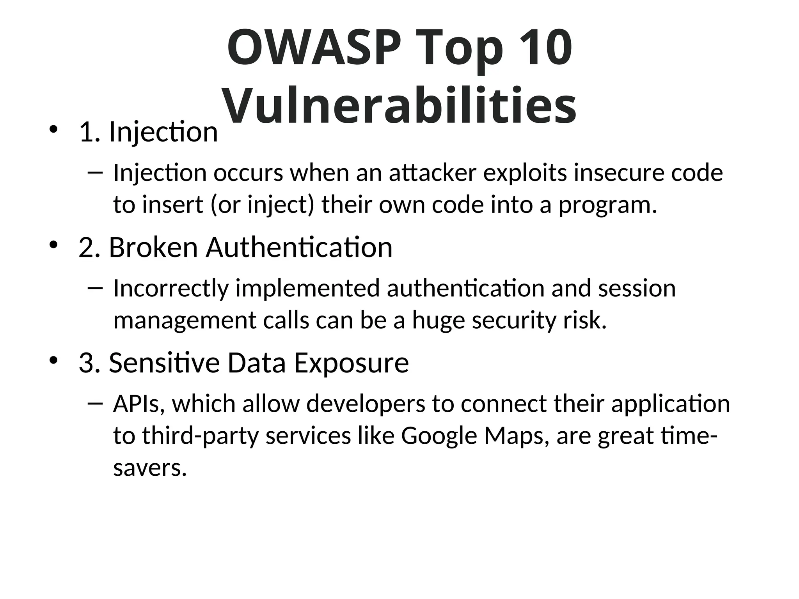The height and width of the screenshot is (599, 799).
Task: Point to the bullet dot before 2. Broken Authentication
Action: [53, 245]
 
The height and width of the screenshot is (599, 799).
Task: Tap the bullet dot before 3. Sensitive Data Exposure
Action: [53, 360]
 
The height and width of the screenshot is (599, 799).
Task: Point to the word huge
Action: [439, 320]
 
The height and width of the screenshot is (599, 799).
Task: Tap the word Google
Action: [439, 436]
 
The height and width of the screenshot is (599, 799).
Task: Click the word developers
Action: [366, 404]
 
